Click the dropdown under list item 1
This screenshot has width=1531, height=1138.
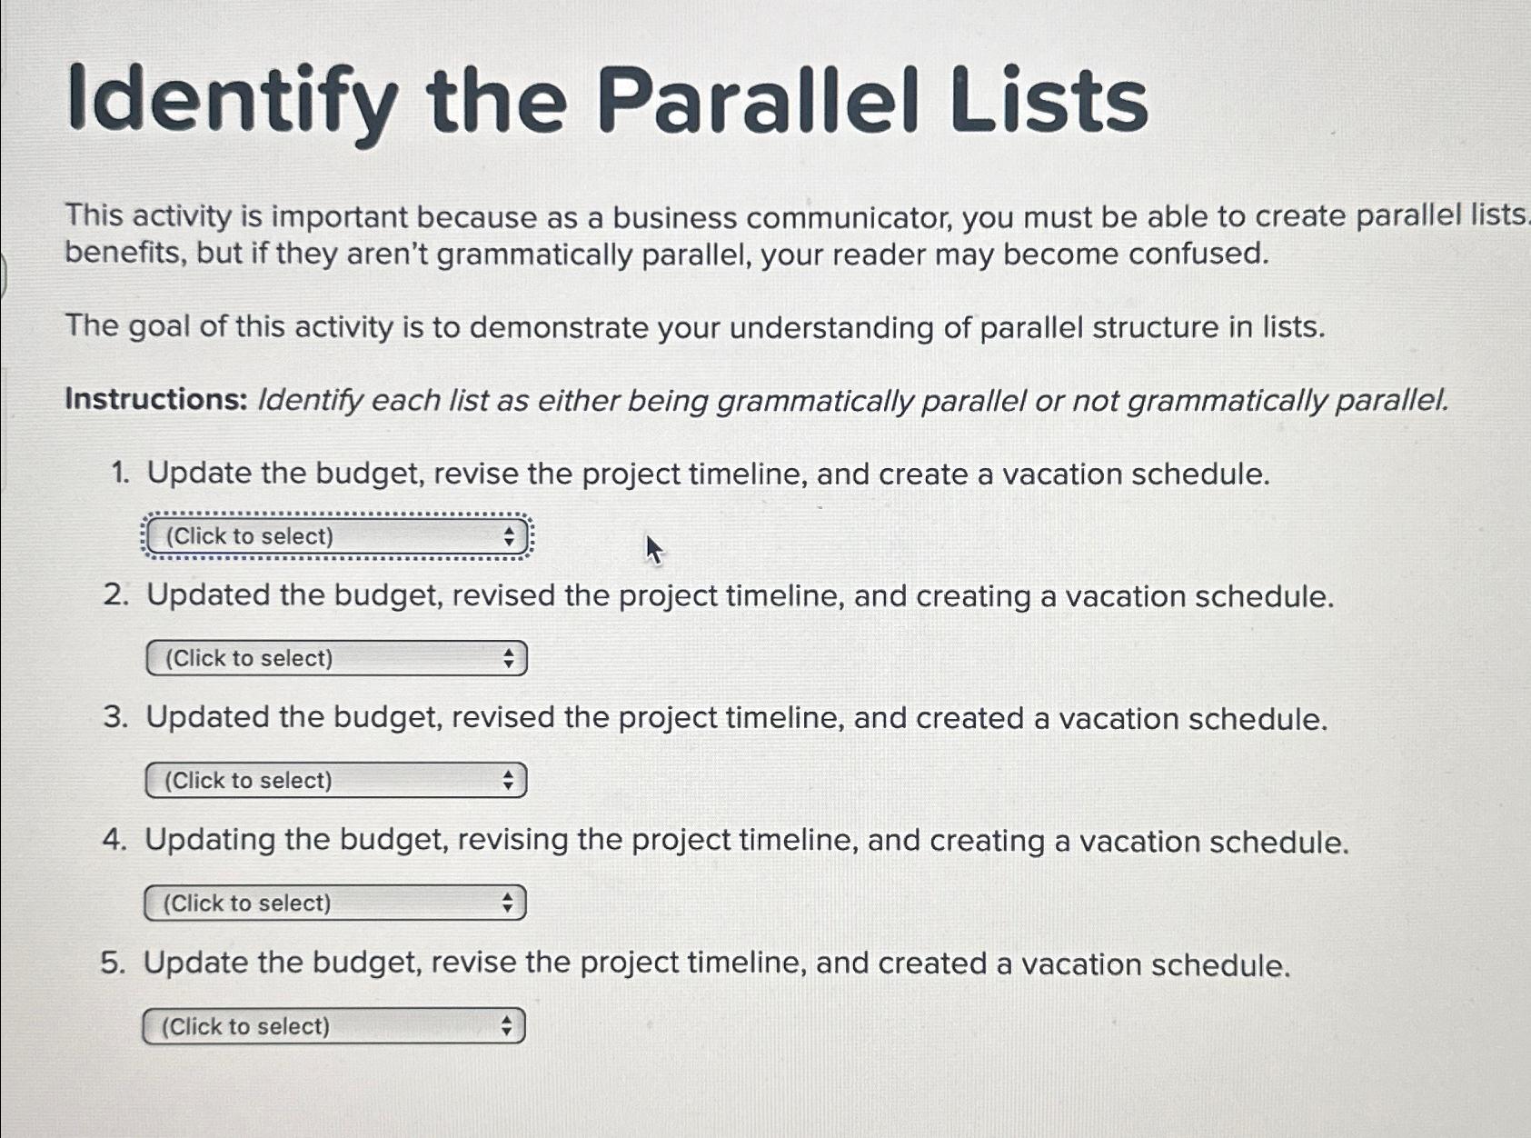(x=336, y=536)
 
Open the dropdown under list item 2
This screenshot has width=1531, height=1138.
(x=336, y=658)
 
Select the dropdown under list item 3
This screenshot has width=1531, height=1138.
(x=335, y=781)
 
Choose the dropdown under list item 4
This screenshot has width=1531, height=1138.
(x=334, y=903)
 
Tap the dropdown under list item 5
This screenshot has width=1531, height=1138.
(x=333, y=1026)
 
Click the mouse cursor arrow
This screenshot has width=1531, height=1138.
(x=652, y=548)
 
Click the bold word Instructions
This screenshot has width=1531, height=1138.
(x=155, y=400)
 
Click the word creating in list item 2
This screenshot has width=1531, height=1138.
(x=973, y=597)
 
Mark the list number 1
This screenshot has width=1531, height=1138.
(x=119, y=474)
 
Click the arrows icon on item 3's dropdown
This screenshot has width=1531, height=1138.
(x=508, y=781)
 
